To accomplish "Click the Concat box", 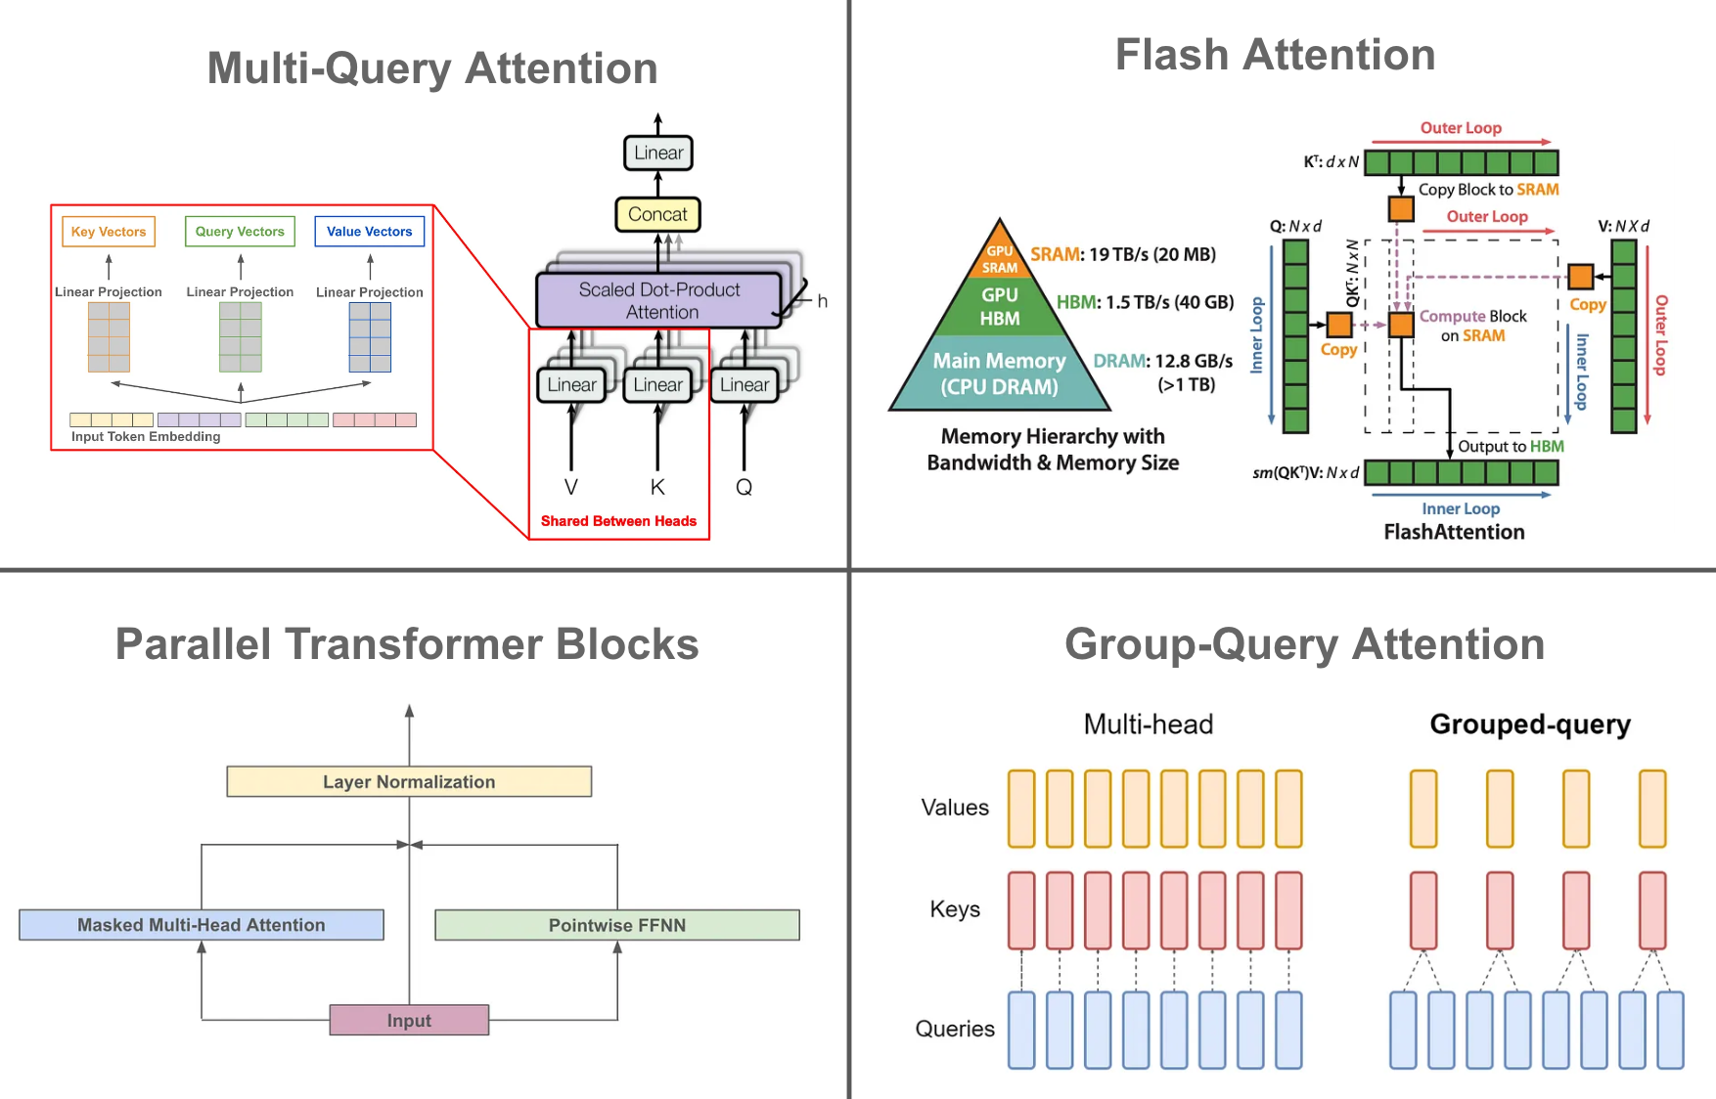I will [657, 214].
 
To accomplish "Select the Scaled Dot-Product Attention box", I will [659, 300].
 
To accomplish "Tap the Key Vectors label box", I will [109, 232].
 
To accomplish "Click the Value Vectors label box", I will [369, 232].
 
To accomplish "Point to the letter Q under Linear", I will [744, 487].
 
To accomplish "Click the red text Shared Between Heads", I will [618, 521].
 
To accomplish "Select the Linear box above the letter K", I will [657, 385].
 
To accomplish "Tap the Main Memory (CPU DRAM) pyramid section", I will [999, 374].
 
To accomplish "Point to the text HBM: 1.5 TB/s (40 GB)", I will [1145, 302].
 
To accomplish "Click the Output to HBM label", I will [1510, 447].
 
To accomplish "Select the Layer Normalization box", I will [409, 782].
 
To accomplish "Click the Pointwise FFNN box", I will [616, 925].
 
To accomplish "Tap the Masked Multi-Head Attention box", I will [201, 925].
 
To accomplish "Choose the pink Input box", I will [409, 1021].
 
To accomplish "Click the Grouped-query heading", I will [1529, 725].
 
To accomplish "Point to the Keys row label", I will [955, 909].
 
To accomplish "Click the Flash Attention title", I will [1275, 55].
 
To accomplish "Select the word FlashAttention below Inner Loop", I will [1454, 532].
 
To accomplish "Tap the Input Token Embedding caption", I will [145, 437].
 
